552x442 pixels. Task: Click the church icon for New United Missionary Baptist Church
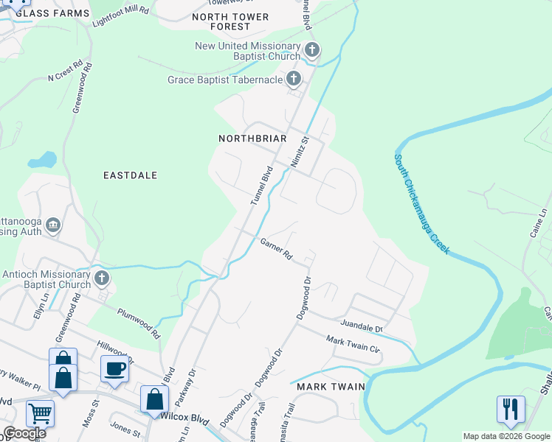[311, 51]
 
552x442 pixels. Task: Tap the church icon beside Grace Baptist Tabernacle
[294, 79]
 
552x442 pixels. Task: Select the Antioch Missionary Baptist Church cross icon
[102, 279]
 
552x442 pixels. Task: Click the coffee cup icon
[114, 369]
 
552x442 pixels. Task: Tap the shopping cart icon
[40, 414]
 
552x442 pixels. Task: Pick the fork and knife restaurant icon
[511, 410]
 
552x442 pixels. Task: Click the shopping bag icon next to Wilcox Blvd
[155, 399]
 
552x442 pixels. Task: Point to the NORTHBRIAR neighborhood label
[252, 138]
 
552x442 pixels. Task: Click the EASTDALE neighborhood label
[130, 175]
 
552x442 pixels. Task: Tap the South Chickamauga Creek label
[421, 204]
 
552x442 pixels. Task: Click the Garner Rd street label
[276, 250]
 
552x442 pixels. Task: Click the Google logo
[24, 433]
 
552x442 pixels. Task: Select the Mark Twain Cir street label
[353, 343]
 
